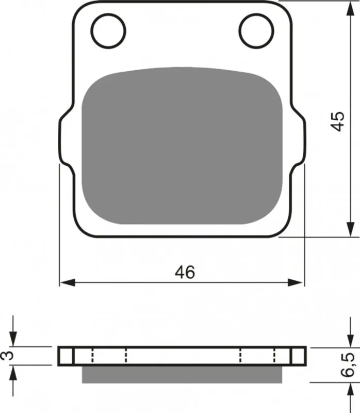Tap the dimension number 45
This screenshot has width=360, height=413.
point(338,121)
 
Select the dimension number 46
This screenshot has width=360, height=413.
point(185,272)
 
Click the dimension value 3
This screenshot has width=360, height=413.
point(7,356)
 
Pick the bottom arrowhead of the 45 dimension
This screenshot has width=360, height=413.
point(351,229)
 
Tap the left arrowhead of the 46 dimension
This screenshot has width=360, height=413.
point(68,283)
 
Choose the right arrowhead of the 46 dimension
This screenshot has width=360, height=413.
point(296,283)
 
